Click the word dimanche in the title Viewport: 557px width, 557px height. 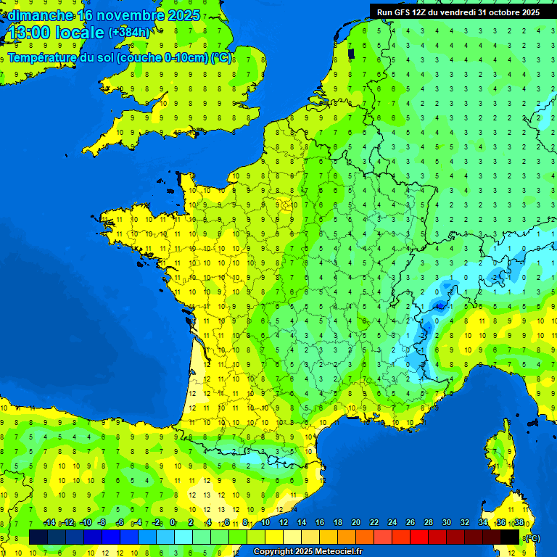(x=40, y=15)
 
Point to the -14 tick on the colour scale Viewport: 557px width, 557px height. (x=49, y=523)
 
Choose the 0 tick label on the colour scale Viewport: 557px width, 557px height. (x=173, y=523)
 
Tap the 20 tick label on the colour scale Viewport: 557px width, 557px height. (x=355, y=523)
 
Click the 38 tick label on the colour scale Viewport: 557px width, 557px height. (x=519, y=523)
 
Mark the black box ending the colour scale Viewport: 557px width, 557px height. (x=511, y=537)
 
